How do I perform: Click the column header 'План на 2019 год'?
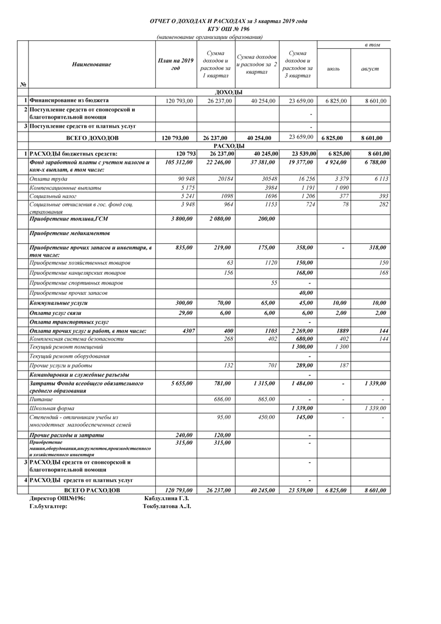pos(175,65)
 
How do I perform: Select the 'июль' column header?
pos(333,69)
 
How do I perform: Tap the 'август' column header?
pos(370,69)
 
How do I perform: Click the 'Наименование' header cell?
pos(91,65)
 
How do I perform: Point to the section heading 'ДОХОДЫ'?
pos(229,92)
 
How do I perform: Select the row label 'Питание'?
pos(41,399)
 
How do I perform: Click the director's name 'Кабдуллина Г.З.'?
pos(166,498)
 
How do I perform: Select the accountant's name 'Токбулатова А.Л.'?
pos(166,506)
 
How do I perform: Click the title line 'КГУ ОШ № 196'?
pos(228,29)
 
